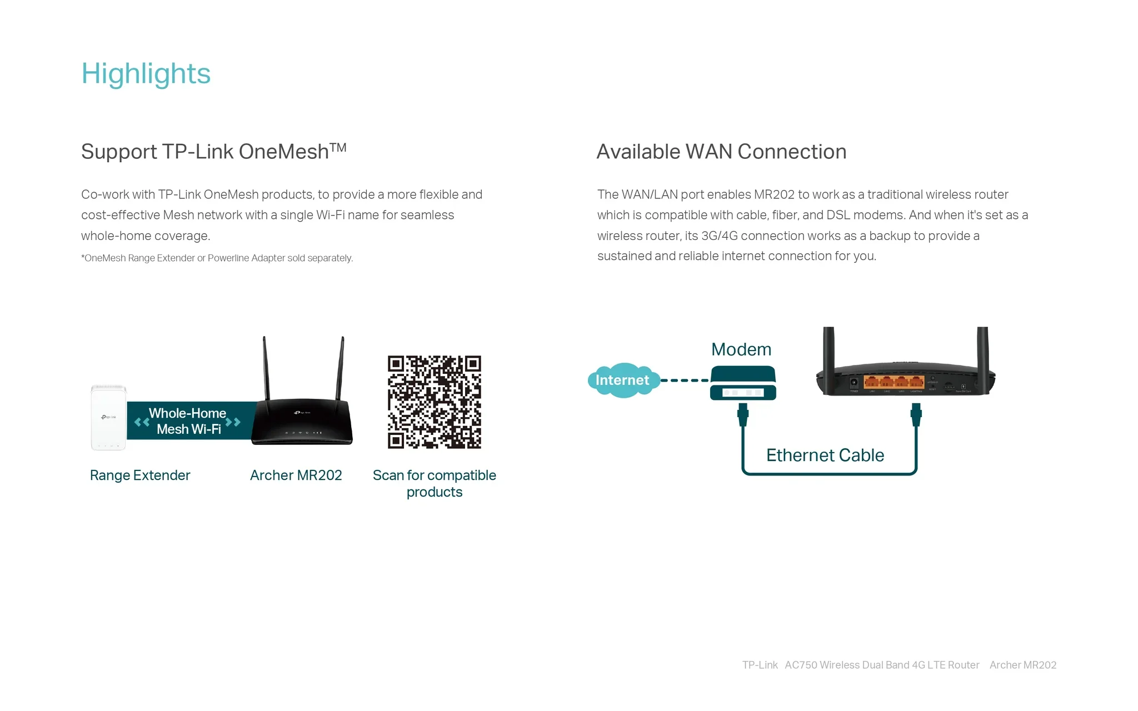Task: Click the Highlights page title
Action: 146,73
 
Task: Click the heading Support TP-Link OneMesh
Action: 214,151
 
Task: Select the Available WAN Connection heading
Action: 721,152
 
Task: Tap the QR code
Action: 435,402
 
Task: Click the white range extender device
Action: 108,417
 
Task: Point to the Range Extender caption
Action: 140,475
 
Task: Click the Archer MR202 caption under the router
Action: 296,475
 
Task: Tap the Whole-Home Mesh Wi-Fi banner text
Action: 188,421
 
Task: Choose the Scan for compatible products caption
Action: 435,483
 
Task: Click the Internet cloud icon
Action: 623,380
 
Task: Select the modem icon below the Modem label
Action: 743,383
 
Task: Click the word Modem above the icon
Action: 741,349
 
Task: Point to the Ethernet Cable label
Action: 825,455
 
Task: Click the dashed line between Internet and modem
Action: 685,380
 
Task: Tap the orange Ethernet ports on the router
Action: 894,382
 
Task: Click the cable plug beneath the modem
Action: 743,414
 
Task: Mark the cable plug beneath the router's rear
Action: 916,414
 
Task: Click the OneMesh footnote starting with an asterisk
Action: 217,258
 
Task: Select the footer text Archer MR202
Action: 1023,665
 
